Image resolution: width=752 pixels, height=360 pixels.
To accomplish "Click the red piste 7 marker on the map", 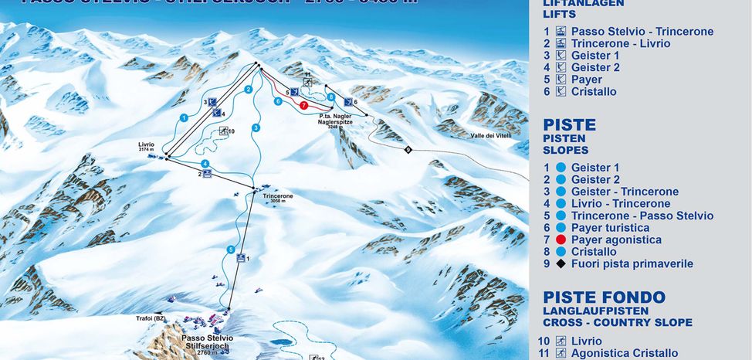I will tap(304, 105).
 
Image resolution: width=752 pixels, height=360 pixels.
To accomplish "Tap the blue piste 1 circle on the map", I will tap(184, 117).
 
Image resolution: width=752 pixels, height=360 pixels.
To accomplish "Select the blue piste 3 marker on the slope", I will tap(256, 127).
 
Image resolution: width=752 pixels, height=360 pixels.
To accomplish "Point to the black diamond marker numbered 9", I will tap(408, 149).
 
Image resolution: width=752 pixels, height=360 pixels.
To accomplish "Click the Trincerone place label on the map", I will tap(278, 196).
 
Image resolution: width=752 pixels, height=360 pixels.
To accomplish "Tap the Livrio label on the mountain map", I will tap(146, 145).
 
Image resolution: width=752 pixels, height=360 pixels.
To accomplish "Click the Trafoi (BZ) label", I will tap(153, 318).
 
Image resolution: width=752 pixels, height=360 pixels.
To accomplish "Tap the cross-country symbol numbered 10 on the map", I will tap(224, 131).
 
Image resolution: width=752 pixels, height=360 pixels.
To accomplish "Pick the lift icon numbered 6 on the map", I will tap(348, 102).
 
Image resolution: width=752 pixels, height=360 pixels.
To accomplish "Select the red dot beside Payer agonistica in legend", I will tap(561, 239).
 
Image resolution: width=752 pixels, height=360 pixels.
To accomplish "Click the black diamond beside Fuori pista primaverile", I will tap(561, 263).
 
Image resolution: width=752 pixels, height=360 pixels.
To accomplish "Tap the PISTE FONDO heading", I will tap(604, 297).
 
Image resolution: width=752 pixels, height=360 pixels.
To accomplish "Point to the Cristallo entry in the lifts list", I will tap(594, 91).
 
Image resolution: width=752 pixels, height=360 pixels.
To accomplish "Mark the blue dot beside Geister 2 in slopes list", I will tap(561, 179).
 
